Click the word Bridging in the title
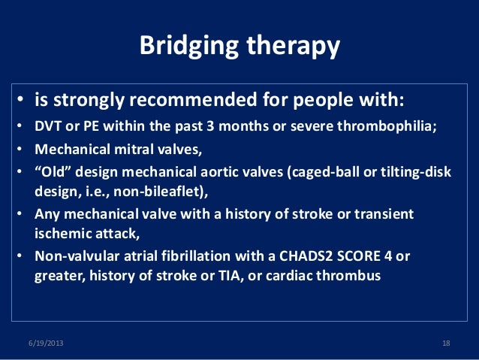[188, 46]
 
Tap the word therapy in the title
[293, 46]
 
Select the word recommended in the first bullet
[193, 99]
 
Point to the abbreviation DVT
[47, 126]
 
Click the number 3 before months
[210, 126]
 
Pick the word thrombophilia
[387, 126]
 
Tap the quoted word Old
[53, 171]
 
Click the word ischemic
[63, 234]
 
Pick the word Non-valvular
[77, 256]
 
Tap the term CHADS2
[306, 256]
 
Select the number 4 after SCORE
[388, 256]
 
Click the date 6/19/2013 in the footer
[46, 343]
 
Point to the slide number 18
[446, 343]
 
